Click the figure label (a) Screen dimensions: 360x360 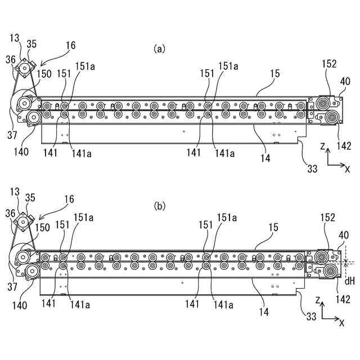(160, 49)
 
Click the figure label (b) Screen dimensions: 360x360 (160, 206)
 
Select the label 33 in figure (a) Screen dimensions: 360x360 (311, 168)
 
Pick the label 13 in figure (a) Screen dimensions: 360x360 (15, 38)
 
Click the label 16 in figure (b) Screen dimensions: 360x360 (70, 201)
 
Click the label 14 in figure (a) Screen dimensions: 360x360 (265, 159)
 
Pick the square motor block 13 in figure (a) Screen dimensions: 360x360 (25, 69)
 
